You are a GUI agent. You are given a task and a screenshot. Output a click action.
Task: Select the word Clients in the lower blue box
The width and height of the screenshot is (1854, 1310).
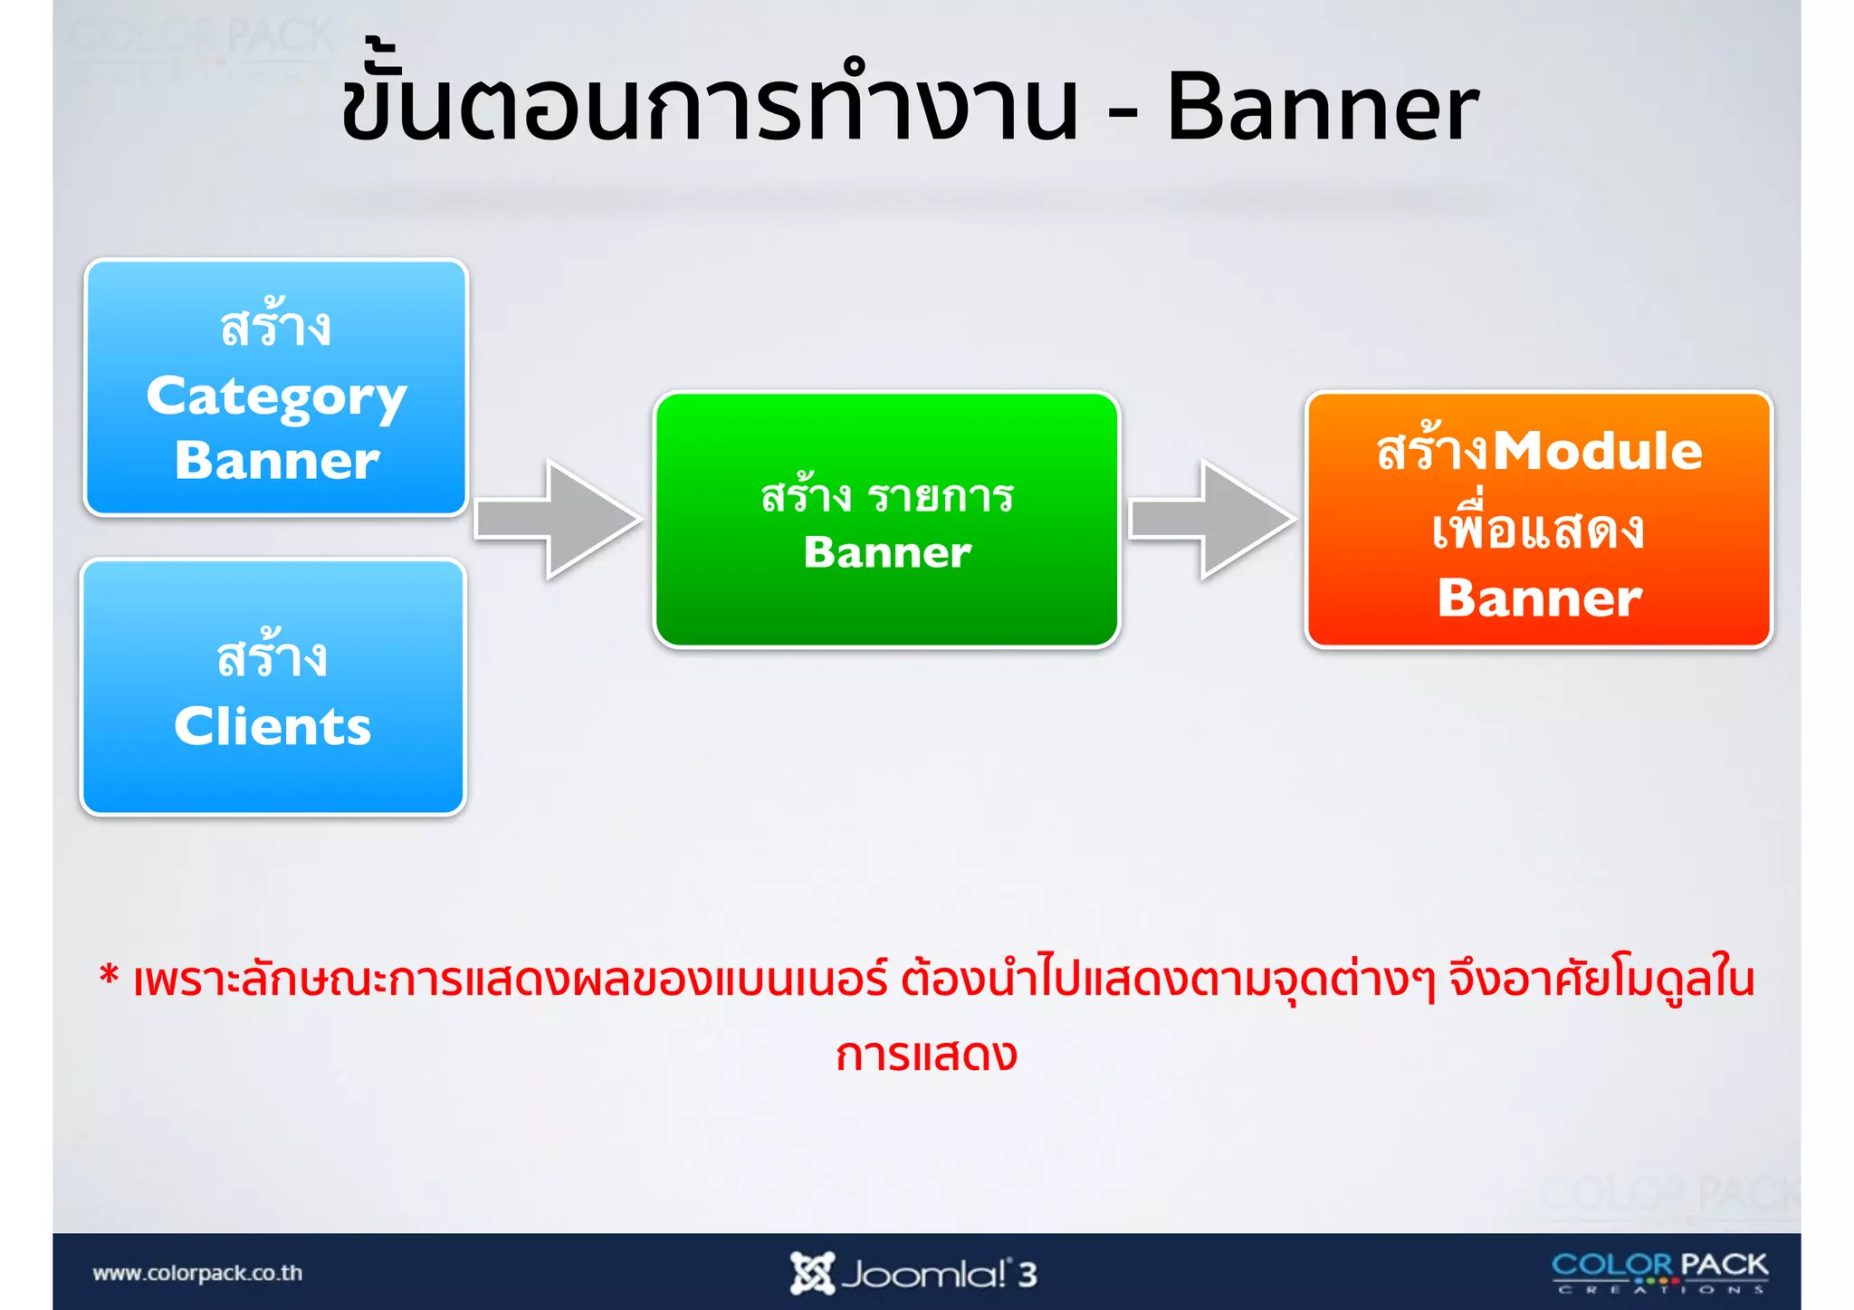click(x=272, y=726)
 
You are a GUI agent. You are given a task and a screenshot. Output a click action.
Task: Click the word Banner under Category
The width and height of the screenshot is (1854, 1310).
click(x=277, y=461)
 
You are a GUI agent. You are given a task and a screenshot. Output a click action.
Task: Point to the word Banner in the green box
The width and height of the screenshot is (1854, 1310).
click(x=887, y=552)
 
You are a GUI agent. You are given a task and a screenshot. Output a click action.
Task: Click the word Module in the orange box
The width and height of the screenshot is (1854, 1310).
click(x=1597, y=451)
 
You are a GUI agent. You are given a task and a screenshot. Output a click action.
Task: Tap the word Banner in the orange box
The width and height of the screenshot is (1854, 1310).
click(x=1539, y=598)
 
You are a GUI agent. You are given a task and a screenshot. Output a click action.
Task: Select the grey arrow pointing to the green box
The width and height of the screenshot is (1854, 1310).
click(x=557, y=520)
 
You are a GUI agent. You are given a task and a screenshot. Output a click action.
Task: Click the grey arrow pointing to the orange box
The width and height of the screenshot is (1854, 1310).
click(x=1211, y=520)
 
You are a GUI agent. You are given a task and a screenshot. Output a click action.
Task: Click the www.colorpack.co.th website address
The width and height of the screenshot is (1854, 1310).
click(x=197, y=1273)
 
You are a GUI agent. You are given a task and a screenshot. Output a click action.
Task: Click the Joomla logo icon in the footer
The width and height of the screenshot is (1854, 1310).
click(x=810, y=1273)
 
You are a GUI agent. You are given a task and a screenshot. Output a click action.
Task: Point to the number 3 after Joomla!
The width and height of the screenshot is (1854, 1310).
click(x=1027, y=1275)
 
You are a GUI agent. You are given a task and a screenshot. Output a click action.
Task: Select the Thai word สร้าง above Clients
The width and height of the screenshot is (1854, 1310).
click(x=272, y=655)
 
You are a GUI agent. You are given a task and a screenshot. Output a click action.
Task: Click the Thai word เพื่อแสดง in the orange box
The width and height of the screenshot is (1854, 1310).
click(x=1537, y=528)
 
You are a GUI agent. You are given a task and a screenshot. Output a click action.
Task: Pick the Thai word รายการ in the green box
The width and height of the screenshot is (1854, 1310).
click(x=940, y=497)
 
